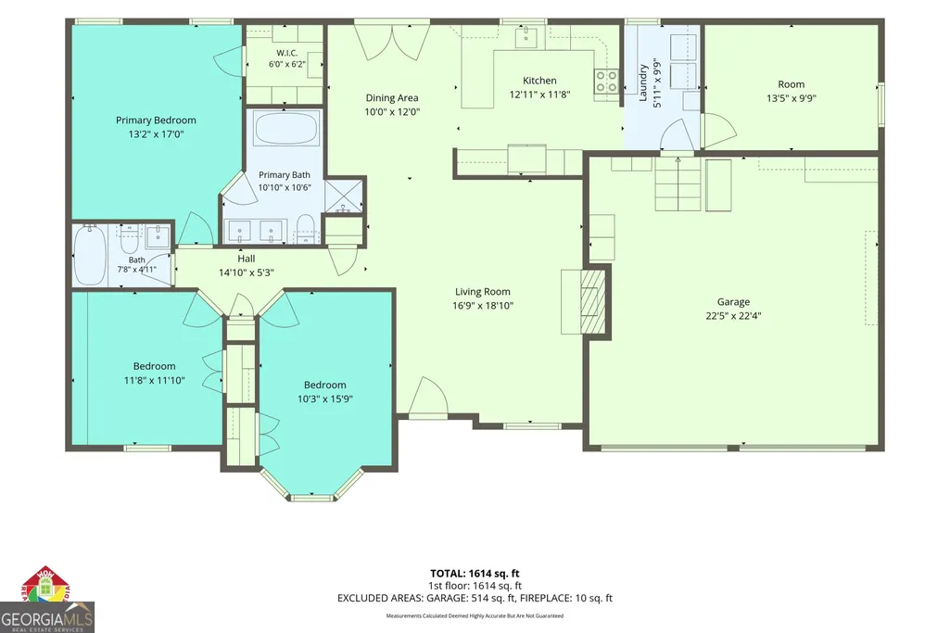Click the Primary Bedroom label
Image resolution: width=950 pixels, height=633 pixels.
156,120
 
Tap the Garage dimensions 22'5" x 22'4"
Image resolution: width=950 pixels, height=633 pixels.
733,316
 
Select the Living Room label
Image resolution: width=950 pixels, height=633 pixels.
482,291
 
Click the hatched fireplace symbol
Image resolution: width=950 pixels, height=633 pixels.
593,301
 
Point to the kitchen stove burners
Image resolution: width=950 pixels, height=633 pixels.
606,82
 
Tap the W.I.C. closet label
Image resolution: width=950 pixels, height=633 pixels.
287,53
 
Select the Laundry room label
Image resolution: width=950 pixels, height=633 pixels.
643,82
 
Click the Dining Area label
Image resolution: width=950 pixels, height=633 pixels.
391,97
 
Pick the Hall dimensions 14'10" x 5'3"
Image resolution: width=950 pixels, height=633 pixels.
246,272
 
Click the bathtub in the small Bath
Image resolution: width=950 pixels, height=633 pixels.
90,256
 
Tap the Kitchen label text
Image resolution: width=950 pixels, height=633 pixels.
539,81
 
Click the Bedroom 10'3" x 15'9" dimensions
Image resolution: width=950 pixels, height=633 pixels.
324,399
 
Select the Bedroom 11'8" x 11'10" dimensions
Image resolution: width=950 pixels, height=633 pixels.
154,380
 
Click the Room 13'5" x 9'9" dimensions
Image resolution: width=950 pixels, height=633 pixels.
792,98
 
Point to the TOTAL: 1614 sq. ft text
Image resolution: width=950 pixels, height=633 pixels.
475,573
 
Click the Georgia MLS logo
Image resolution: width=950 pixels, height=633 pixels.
46,601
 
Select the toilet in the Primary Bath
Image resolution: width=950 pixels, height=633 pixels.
306,228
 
